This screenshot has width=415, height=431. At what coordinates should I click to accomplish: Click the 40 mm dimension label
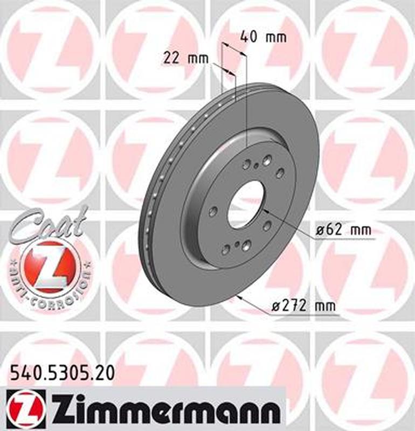point(263,37)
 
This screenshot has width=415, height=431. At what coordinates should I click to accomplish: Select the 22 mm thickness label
point(185,58)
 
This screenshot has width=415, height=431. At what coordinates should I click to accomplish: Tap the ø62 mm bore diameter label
point(343,230)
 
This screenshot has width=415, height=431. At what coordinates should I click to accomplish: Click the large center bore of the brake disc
point(246,204)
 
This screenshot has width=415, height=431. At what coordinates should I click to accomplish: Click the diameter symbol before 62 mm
point(319,231)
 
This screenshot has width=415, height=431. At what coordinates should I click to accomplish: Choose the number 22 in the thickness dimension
point(171,58)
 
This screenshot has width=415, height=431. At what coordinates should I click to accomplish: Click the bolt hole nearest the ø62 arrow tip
point(266,225)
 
